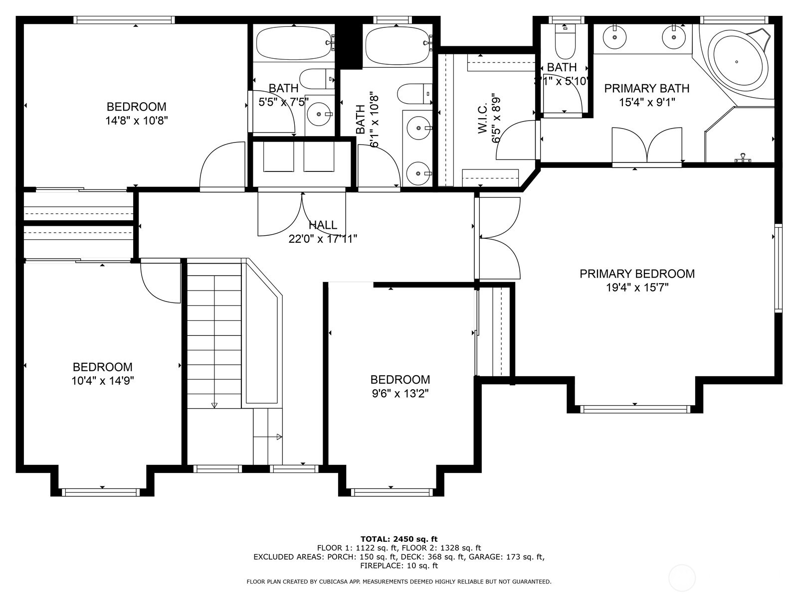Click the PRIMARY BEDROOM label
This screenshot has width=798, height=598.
click(637, 274)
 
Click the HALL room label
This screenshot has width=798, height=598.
click(323, 225)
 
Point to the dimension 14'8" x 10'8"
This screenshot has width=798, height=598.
click(136, 121)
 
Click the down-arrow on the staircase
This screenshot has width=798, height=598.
click(214, 405)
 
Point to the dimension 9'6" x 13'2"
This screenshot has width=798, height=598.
click(399, 394)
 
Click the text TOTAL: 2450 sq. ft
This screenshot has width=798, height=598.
click(399, 539)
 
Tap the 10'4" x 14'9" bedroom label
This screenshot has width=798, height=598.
click(102, 367)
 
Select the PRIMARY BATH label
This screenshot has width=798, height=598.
click(646, 89)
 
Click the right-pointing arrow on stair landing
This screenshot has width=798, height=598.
click(279, 437)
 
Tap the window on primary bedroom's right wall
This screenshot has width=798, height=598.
click(778, 268)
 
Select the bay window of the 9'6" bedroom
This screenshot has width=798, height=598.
click(391, 492)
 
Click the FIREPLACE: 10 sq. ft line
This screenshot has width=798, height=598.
click(399, 566)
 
